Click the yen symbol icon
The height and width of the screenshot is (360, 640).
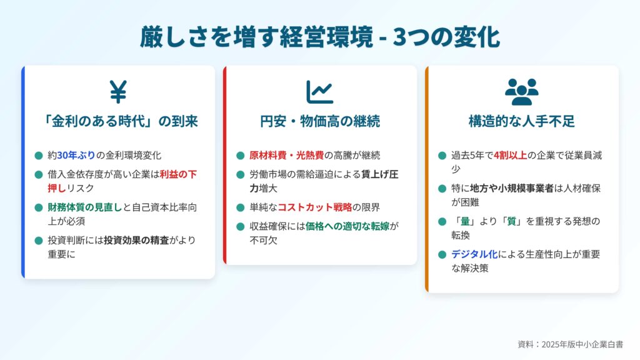(x=118, y=91)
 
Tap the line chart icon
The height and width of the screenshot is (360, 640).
(x=319, y=92)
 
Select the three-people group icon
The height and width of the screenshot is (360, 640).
(x=522, y=92)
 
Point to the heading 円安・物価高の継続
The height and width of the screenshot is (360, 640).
(x=320, y=121)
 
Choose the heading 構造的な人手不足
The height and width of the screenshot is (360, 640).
(x=522, y=121)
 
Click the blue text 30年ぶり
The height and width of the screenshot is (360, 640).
(x=76, y=156)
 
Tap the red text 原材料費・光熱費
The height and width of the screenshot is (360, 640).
(x=286, y=156)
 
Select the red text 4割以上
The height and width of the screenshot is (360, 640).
(x=510, y=156)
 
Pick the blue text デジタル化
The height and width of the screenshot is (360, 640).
(x=474, y=255)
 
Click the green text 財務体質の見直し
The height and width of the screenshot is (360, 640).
(x=85, y=207)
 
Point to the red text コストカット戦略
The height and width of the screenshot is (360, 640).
(x=315, y=207)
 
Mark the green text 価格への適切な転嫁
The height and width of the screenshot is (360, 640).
(x=347, y=226)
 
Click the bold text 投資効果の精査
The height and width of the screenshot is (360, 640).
(x=136, y=241)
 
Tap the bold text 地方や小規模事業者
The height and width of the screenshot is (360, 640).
(x=512, y=189)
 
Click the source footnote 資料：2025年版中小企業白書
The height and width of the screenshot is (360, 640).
(x=571, y=344)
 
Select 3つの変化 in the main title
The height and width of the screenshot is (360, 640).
(x=446, y=37)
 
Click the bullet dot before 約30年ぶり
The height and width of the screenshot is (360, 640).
(x=39, y=156)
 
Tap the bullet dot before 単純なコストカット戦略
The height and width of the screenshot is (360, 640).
(x=241, y=207)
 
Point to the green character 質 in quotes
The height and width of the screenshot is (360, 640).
(x=512, y=222)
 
